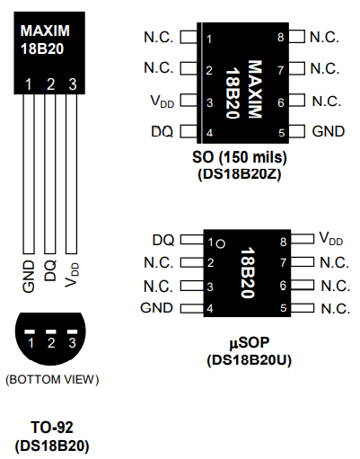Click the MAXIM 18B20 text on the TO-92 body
[x=45, y=40]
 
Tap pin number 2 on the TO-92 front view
[x=51, y=84]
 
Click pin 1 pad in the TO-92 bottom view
[x=31, y=333]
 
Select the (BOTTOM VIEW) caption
[x=51, y=378]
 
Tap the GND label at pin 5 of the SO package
[x=328, y=132]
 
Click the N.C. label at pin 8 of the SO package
[x=324, y=38]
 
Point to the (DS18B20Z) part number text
[x=239, y=174]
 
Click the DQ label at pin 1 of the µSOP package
[x=162, y=240]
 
